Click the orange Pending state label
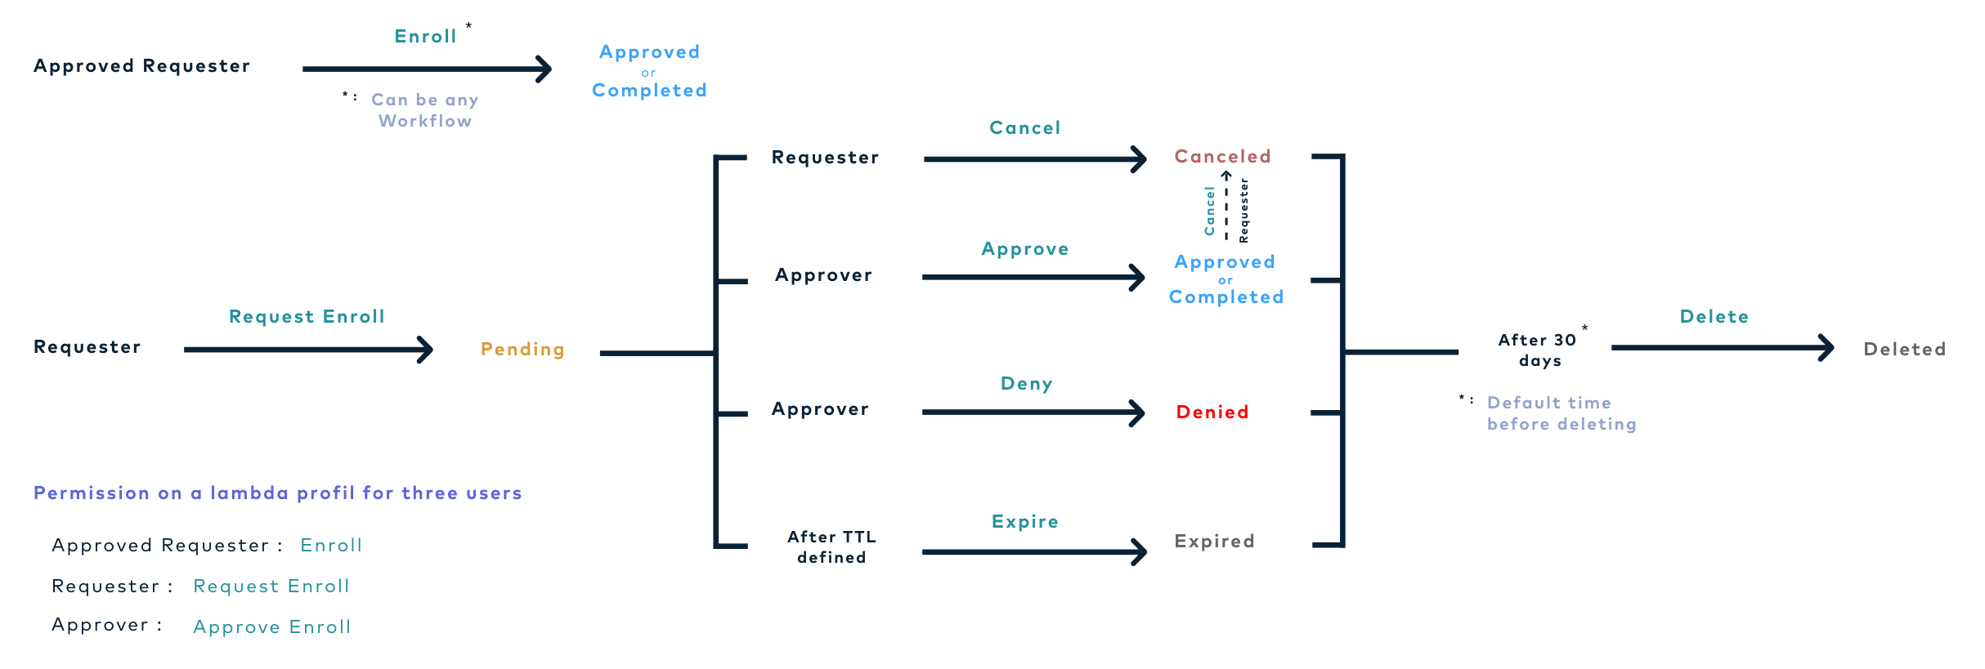(522, 350)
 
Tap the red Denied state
(1212, 413)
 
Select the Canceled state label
(1222, 156)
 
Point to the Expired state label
(1214, 541)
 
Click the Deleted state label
(1904, 350)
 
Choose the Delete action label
(1714, 317)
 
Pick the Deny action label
(1026, 384)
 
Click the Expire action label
(1024, 522)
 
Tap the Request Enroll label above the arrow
(307, 317)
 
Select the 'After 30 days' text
(1538, 350)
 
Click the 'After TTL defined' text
(831, 547)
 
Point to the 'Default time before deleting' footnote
(1561, 413)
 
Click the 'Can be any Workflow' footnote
(424, 110)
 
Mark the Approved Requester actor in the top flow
(141, 66)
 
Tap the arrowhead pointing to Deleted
(1828, 348)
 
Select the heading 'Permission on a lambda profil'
(277, 493)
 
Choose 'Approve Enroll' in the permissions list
(271, 627)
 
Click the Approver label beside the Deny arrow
(820, 409)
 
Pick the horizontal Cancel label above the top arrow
(1024, 128)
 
